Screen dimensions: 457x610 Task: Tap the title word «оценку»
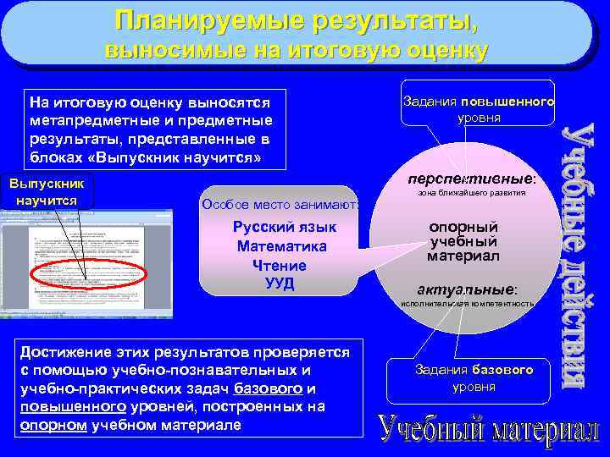[437, 50]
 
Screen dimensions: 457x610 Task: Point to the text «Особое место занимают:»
[280, 204]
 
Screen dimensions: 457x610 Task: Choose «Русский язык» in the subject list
[285, 227]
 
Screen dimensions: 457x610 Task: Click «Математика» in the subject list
[282, 246]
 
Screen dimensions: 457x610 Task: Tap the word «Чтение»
[280, 265]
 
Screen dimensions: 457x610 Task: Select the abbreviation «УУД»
[279, 283]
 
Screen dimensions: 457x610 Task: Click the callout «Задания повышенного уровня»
[479, 109]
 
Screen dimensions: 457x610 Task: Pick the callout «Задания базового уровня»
[474, 378]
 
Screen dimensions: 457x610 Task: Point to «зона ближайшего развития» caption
[472, 193]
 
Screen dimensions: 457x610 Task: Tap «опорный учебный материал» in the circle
[463, 241]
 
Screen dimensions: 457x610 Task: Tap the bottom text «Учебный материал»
[489, 430]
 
